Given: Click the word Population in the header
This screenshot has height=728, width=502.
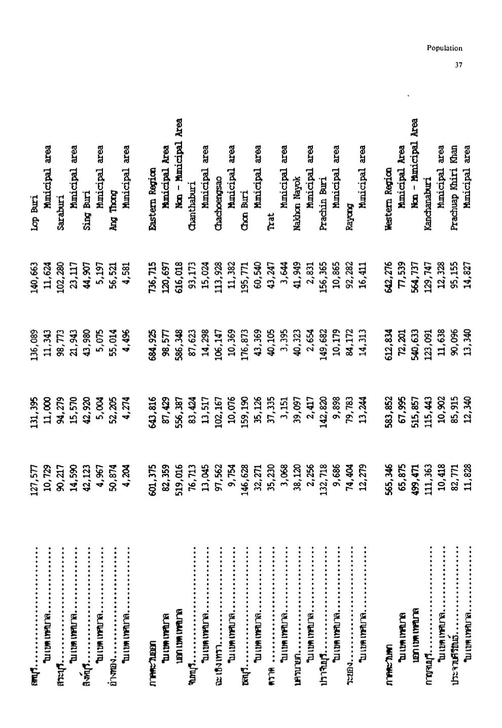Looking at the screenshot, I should [x=444, y=49].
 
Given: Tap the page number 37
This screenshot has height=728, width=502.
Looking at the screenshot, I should [x=458, y=65].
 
